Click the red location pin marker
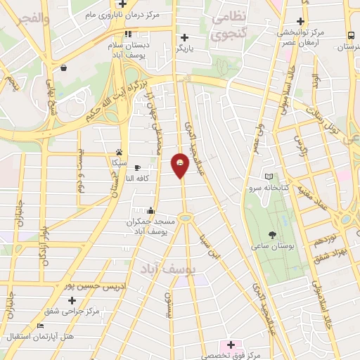tap(181, 165)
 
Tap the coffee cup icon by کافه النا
tap(137, 167)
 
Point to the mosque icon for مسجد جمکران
tap(150, 210)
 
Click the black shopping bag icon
tap(64, 68)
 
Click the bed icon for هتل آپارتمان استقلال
tap(40, 326)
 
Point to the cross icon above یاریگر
tap(184, 37)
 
